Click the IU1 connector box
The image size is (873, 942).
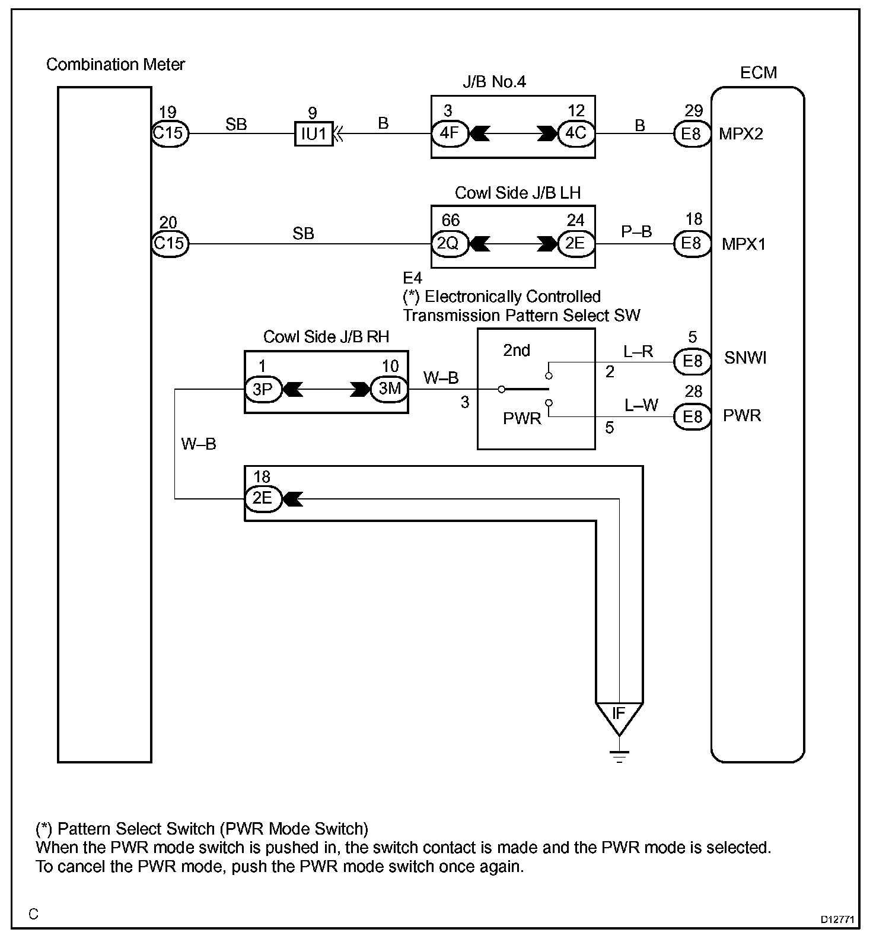click(314, 133)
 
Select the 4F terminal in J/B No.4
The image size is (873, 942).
click(450, 133)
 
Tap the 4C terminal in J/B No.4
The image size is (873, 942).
click(575, 133)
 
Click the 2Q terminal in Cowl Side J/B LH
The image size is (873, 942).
click(449, 243)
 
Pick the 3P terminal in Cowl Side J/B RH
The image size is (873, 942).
click(263, 389)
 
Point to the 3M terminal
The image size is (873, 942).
click(390, 389)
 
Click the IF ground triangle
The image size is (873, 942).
click(619, 714)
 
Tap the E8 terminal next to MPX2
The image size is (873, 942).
click(692, 133)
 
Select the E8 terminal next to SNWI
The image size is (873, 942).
click(692, 361)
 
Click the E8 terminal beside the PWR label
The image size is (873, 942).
click(692, 416)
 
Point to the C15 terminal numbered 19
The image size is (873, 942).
click(169, 133)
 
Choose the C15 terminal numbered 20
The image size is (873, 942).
click(170, 243)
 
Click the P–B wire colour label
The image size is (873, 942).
click(636, 232)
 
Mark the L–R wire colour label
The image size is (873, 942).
click(638, 352)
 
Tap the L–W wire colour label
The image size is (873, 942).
click(641, 406)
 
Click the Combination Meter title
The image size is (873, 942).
click(116, 64)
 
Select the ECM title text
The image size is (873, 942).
click(759, 72)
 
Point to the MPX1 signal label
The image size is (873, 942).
click(744, 244)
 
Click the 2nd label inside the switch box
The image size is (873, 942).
click(517, 351)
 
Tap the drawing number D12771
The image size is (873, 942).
click(837, 920)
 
